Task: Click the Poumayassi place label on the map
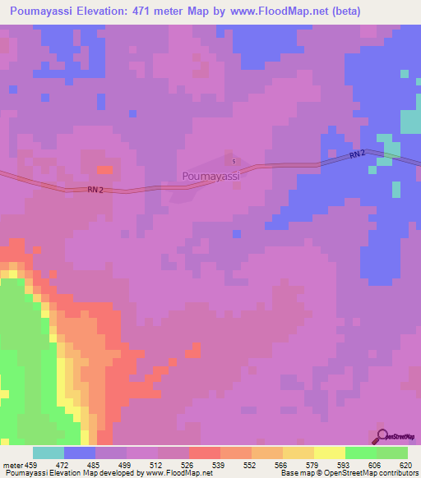pos(210,176)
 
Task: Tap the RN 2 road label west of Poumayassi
pos(95,190)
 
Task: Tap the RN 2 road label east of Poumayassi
pos(357,154)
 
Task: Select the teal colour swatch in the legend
pos(49,453)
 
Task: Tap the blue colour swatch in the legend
pos(80,453)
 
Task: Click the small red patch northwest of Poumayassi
pos(104,169)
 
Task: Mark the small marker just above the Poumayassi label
pos(234,161)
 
